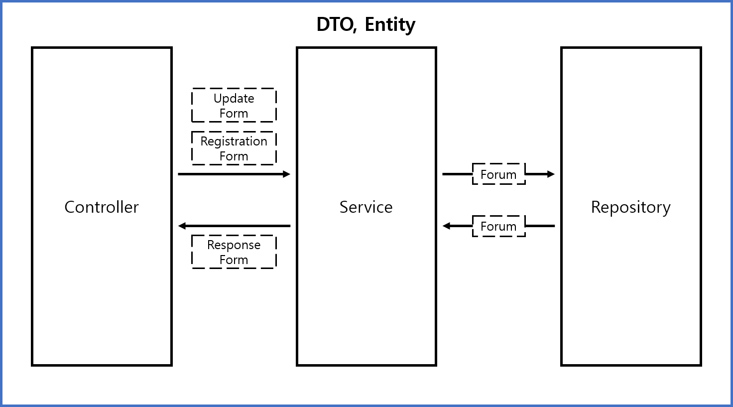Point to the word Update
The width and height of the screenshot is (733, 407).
tap(234, 99)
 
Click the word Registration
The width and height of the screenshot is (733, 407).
tap(234, 141)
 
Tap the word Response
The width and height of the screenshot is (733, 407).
tap(234, 245)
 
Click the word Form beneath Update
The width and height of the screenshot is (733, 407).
tap(234, 114)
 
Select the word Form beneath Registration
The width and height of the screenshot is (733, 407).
tap(234, 156)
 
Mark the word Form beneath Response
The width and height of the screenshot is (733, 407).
tap(234, 260)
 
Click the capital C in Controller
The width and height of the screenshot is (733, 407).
tap(70, 207)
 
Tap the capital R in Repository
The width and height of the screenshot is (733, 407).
tap(596, 207)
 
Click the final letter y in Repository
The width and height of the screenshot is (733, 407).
tap(666, 209)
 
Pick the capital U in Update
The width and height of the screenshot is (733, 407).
tap(218, 99)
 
